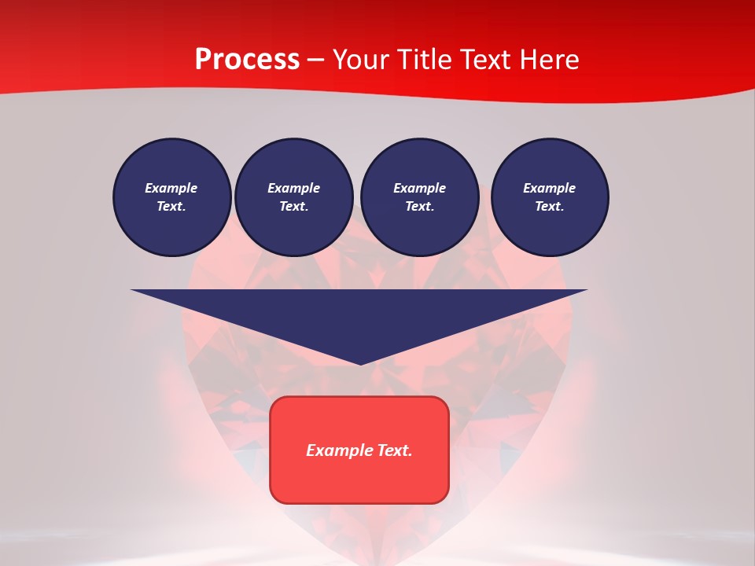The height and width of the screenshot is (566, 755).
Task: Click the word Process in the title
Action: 247,60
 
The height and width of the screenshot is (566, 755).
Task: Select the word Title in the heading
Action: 425,60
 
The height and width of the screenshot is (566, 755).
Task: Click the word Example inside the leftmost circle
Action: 171,188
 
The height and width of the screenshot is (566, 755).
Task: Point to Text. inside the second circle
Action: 293,206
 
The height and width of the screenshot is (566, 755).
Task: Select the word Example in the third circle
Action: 419,188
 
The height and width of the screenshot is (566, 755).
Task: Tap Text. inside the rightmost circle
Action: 550,206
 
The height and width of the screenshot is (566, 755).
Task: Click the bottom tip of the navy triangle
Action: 360,363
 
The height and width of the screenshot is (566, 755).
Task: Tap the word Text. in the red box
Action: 394,450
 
